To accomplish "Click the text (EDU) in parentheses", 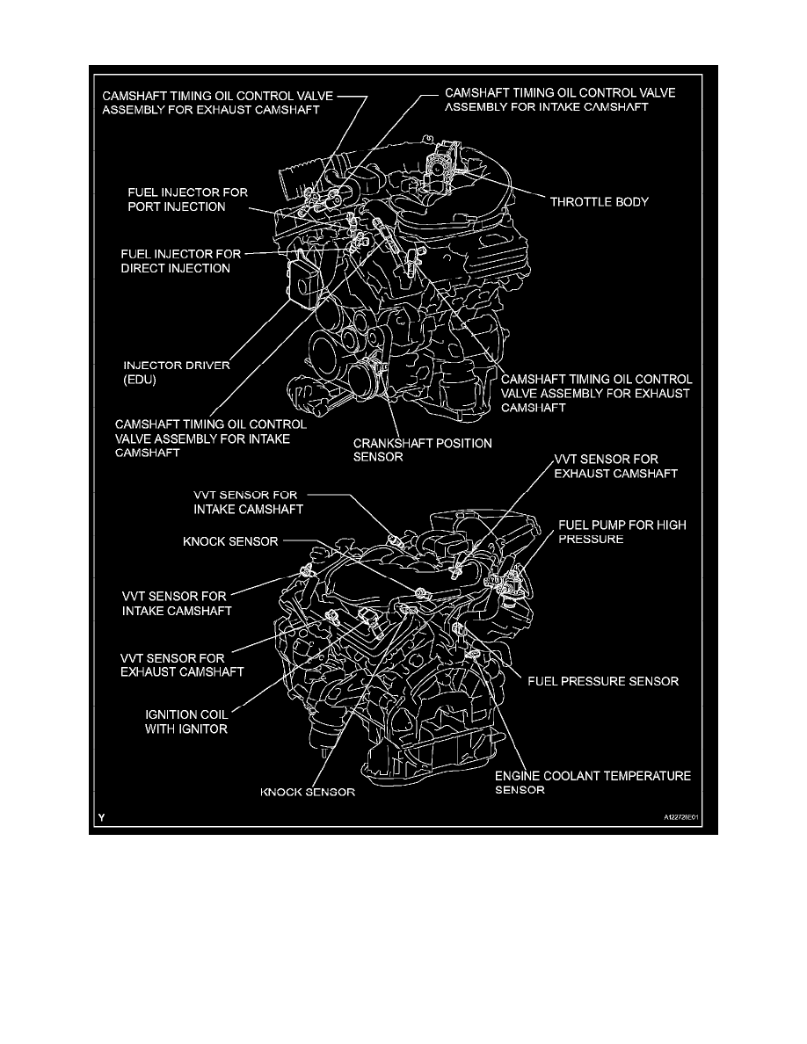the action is click(x=140, y=381).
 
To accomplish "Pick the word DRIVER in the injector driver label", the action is click(x=207, y=366).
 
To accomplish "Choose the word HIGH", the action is click(x=672, y=525).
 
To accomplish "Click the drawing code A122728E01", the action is click(x=680, y=817).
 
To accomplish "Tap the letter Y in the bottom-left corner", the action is click(x=101, y=817).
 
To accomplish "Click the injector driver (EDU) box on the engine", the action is click(x=303, y=283).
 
